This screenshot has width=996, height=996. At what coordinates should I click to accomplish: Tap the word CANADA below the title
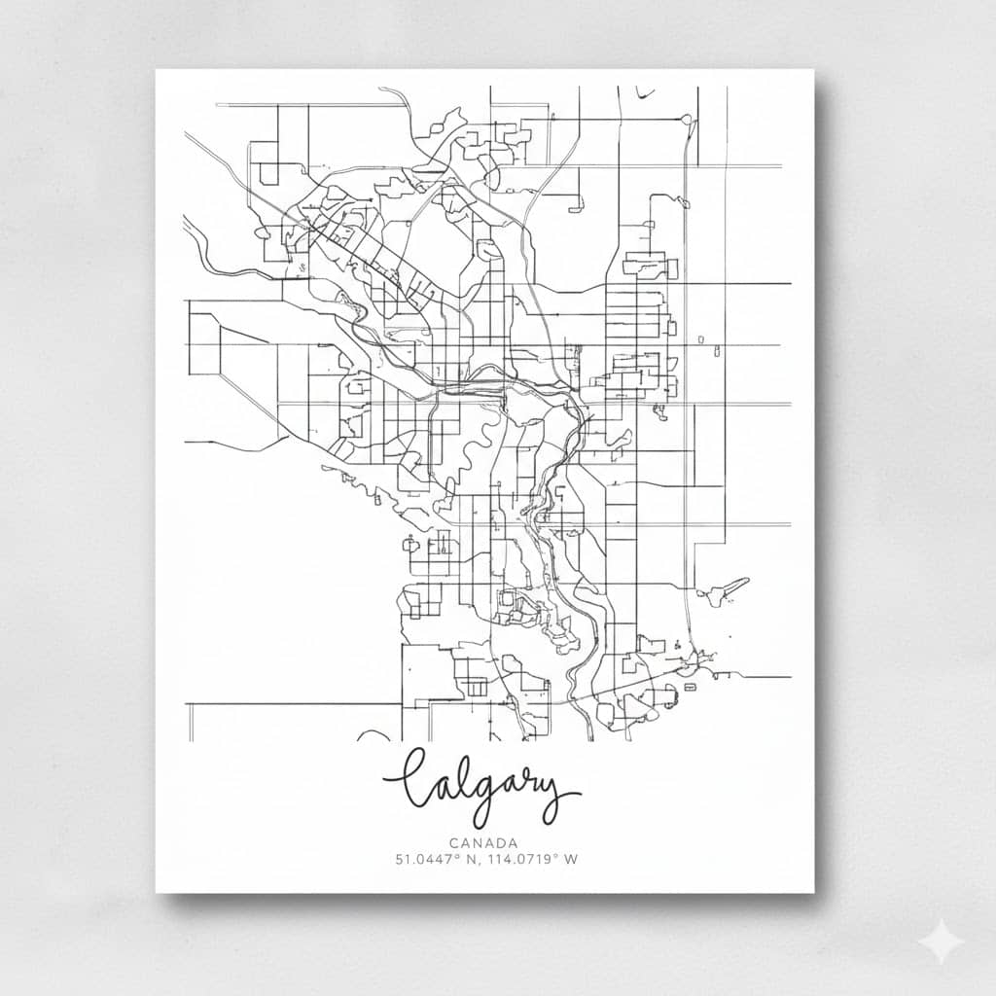pos(483,843)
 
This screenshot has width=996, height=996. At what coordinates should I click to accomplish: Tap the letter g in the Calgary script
pos(471,793)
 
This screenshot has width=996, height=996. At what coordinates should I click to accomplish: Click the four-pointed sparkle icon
pos(942,942)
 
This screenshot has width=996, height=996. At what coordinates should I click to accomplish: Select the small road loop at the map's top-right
pos(687,119)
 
